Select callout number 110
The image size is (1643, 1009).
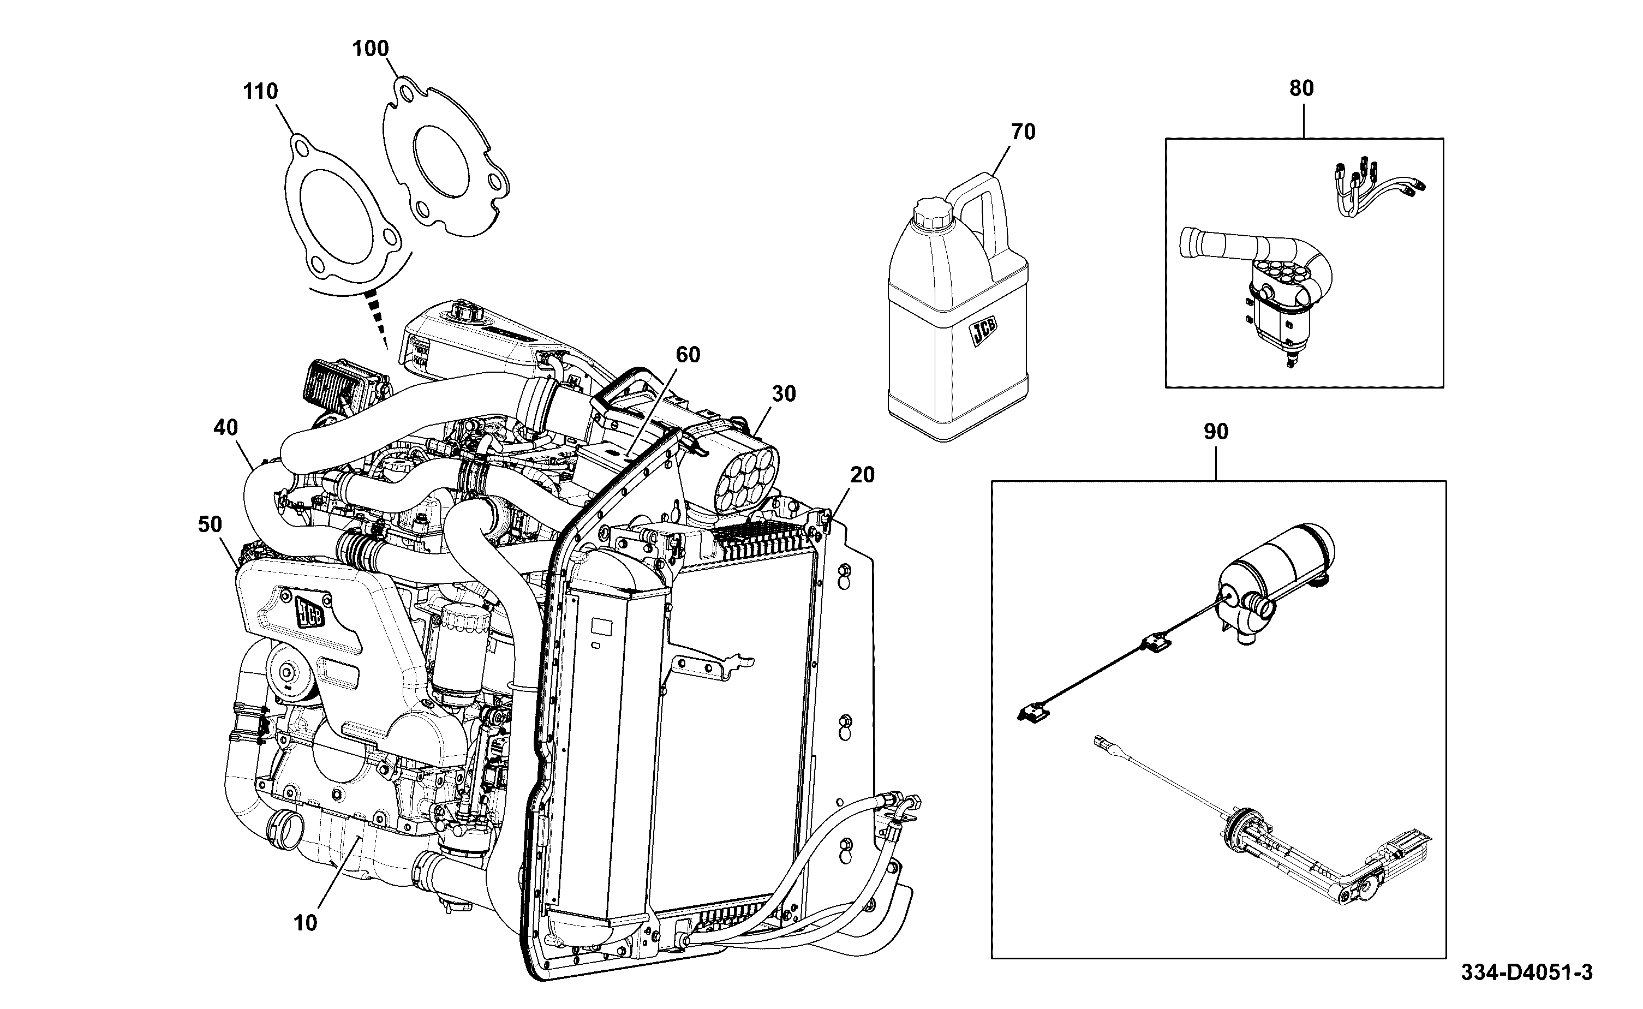(260, 92)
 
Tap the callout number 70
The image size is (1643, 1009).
(1023, 132)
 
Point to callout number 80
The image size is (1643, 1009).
(1301, 88)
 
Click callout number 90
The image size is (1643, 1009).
(1216, 432)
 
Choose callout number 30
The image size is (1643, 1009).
(784, 395)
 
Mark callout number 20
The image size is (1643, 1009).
(863, 475)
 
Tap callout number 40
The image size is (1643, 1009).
(225, 428)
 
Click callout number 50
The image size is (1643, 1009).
(210, 524)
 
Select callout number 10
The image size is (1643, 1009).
(306, 923)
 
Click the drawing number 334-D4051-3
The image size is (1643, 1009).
(1527, 972)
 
